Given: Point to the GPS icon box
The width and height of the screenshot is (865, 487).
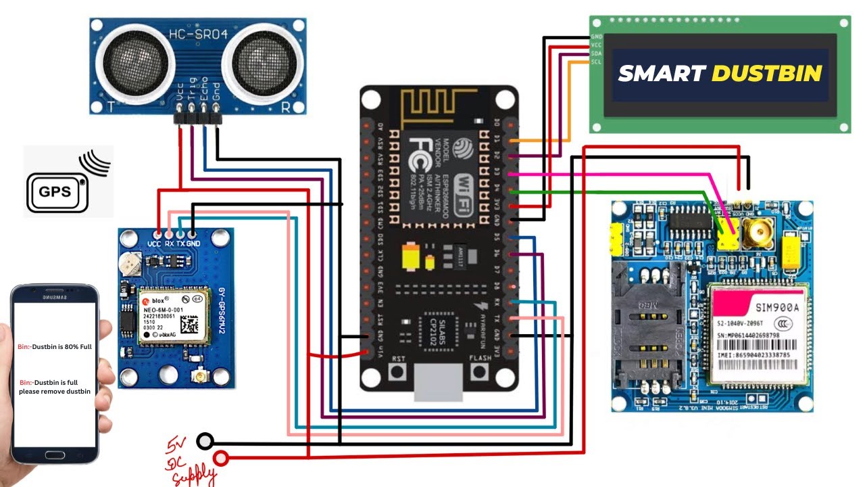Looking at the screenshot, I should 55,191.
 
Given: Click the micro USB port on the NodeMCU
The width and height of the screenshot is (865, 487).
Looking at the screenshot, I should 439,382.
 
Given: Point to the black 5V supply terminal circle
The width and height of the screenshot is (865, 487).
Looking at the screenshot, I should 205,442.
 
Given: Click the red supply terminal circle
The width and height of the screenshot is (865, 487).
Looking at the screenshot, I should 221,459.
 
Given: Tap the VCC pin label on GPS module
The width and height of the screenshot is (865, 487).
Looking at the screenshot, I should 154,243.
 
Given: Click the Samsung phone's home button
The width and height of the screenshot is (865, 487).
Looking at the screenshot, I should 55,455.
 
